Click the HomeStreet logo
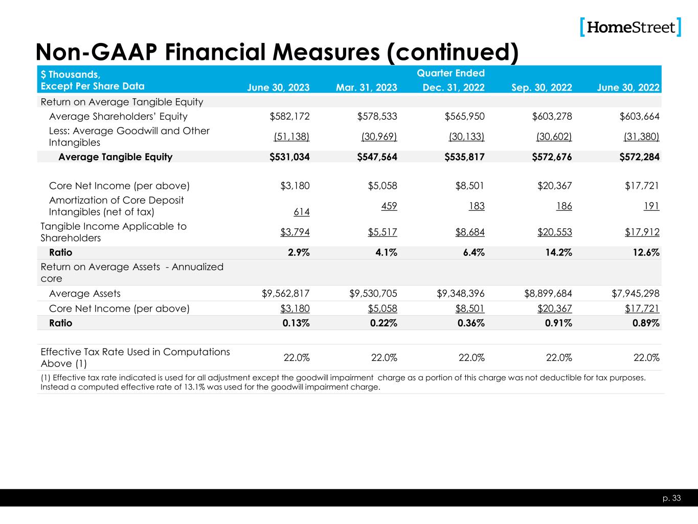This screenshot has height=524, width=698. coord(631,27)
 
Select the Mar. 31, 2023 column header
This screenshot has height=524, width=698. coord(366,88)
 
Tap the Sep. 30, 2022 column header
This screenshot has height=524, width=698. coord(542,88)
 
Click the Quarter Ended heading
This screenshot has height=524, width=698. coord(451,73)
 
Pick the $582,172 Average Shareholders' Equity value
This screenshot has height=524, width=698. coord(289,117)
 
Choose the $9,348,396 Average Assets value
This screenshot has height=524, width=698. coord(461,294)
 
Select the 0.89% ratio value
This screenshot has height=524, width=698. coord(645,323)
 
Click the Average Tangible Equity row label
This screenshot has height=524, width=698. coord(116,157)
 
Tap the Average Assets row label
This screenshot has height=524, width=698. coord(85,294)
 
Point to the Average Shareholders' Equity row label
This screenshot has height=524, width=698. coord(118,117)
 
